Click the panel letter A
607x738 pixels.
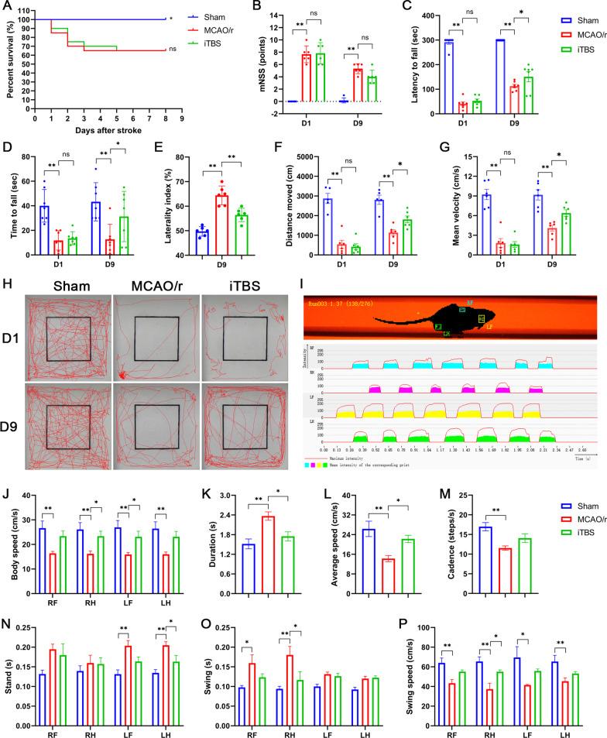(x=6, y=7)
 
